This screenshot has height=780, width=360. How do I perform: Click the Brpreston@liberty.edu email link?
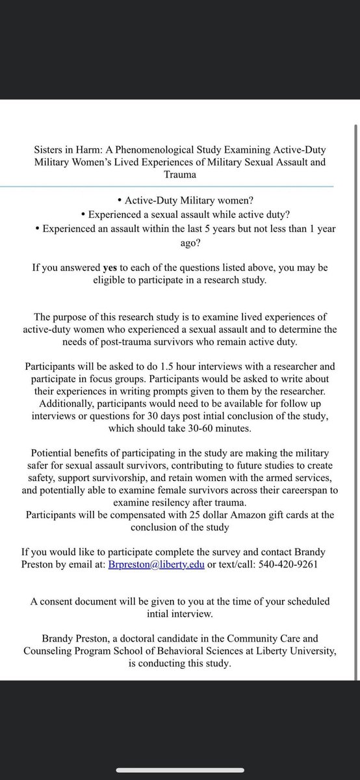pos(155,564)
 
